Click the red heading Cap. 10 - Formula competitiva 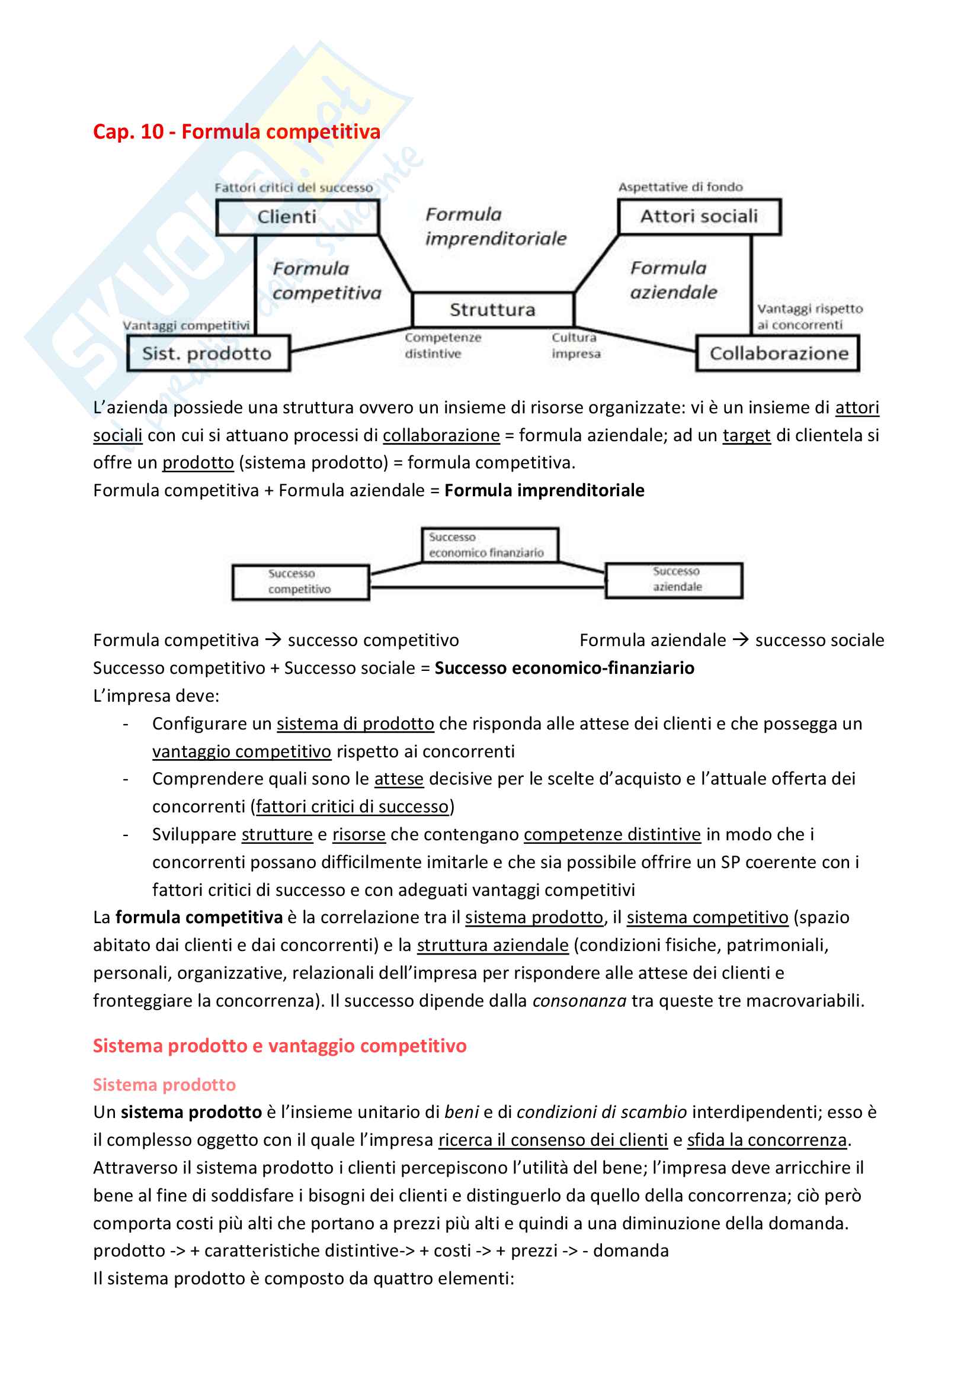point(236,131)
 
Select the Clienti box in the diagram point(297,217)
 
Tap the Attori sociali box point(699,216)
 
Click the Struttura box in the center point(492,310)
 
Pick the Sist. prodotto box point(207,353)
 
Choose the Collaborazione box point(778,353)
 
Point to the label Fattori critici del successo point(293,188)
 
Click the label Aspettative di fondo point(680,187)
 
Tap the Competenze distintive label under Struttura point(443,346)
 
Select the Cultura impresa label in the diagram point(576,346)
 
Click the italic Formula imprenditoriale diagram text point(495,226)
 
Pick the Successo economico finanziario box point(489,545)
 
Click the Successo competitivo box point(300,581)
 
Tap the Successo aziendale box point(674,580)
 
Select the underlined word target point(747,435)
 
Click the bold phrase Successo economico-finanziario point(564,668)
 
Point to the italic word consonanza point(579,1001)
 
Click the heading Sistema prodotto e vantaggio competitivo point(280,1045)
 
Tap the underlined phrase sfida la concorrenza point(767,1139)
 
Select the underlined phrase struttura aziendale point(492,945)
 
